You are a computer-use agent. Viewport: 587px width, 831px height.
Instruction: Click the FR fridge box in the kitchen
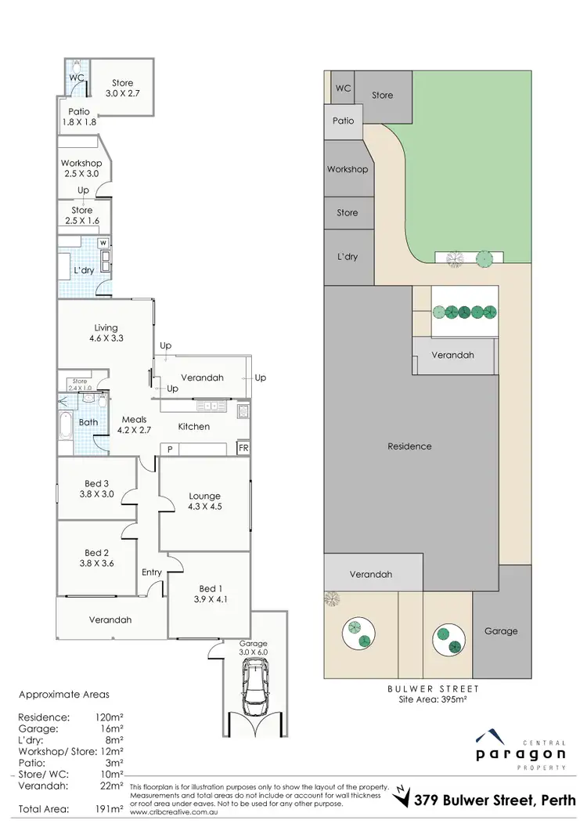coord(243,448)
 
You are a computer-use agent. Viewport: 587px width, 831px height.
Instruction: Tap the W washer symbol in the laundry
coord(103,244)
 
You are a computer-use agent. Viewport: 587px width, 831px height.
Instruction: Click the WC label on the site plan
coord(343,89)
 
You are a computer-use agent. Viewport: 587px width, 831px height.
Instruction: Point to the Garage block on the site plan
coord(500,630)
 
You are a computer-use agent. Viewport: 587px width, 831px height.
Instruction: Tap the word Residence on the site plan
coord(409,446)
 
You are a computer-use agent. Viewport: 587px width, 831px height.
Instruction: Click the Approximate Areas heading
coord(64,694)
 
